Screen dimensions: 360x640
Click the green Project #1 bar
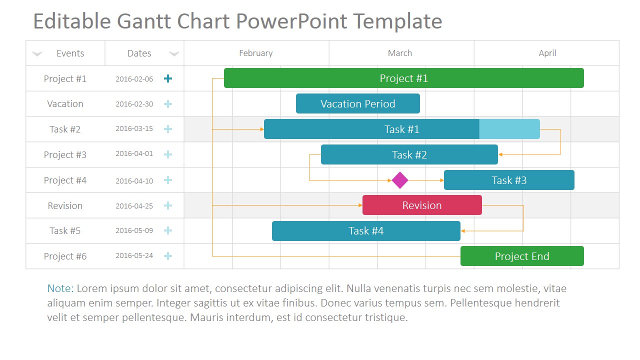[403, 78]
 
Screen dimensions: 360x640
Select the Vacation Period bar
[357, 103]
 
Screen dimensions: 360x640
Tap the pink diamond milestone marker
[400, 180]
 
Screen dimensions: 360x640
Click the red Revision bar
[422, 205]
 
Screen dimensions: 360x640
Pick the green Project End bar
[522, 256]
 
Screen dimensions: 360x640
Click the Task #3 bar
[509, 180]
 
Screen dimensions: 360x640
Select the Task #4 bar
[366, 230]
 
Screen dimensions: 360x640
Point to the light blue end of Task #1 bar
[509, 129]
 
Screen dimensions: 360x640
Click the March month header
[400, 53]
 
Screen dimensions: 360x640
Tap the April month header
[547, 53]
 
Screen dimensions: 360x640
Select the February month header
[255, 53]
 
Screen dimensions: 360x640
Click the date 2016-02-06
[134, 78]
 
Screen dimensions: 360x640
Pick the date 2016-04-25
[134, 205]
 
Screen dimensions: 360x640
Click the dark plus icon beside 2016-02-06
[168, 78]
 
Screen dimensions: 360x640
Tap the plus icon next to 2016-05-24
[168, 256]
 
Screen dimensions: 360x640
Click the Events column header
[70, 53]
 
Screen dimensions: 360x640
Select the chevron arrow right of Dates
[174, 53]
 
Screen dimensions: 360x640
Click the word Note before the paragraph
[59, 288]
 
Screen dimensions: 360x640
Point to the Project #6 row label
[65, 256]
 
